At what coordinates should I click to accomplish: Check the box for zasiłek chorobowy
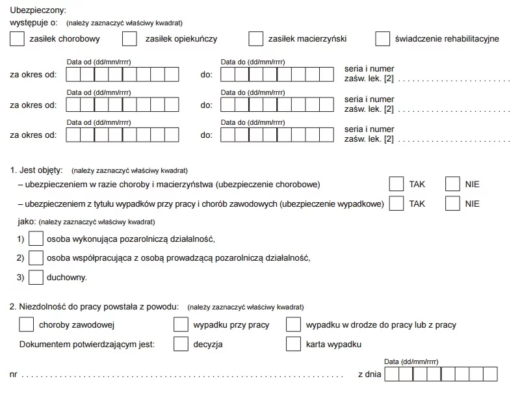coord(18,39)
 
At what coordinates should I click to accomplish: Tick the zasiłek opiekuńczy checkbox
coord(130,39)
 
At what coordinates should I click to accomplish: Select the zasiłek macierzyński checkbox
coord(256,39)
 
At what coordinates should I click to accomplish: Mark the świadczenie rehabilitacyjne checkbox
coord(383,39)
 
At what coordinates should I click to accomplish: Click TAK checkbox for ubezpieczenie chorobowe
coord(396,184)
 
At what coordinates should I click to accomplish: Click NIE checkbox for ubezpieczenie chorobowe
coord(452,184)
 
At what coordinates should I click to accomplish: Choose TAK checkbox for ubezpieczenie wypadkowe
coord(396,203)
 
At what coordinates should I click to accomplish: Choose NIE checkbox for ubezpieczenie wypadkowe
coord(452,203)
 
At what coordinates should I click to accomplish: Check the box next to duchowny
coord(36,277)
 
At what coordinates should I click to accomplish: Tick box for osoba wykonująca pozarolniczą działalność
coord(36,239)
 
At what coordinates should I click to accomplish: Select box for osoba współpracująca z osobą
coord(36,258)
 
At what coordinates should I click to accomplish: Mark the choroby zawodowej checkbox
coord(27,324)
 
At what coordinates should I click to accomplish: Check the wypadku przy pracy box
coord(181,324)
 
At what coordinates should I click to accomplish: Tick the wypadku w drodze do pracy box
coord(294,324)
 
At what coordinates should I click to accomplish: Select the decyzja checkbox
coord(181,344)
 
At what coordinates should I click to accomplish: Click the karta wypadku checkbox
coord(294,344)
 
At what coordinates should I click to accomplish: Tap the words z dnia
coord(369,374)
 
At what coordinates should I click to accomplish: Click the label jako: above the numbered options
coord(27,222)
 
